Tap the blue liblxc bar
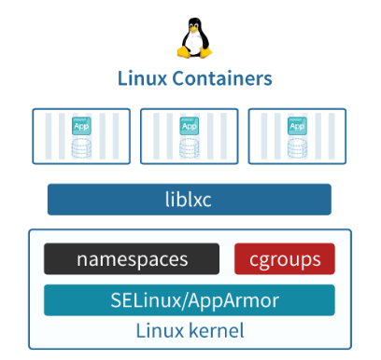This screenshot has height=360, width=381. (190, 199)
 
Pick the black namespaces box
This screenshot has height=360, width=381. (132, 259)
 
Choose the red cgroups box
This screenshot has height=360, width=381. (284, 259)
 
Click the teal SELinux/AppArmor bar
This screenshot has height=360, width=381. (190, 300)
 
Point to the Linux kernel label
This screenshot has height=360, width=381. (190, 330)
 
